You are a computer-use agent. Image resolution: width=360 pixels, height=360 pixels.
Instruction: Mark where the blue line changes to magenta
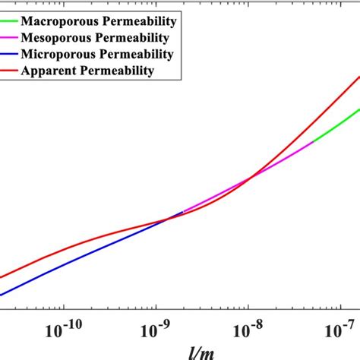[x=183, y=211]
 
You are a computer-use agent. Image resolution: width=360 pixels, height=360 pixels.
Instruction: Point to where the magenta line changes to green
[x=312, y=142]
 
